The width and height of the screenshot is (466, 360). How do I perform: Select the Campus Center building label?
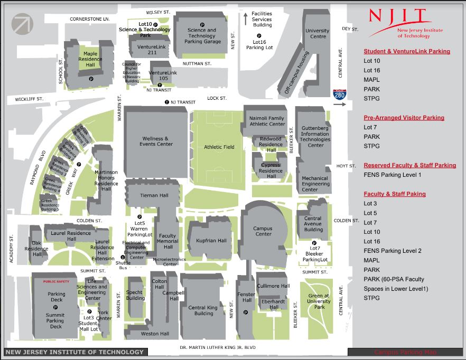coord(263,231)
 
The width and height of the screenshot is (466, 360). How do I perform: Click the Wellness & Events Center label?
coord(156,141)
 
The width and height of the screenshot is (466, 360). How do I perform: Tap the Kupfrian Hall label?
coord(211,241)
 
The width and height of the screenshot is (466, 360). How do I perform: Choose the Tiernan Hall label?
coord(154,195)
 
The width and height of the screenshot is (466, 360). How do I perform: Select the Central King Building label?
coord(203,310)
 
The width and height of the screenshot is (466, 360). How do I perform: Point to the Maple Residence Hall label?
coord(90,59)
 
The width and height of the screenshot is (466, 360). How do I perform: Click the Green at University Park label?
coord(319,301)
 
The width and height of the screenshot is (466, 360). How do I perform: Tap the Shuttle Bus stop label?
coord(123,265)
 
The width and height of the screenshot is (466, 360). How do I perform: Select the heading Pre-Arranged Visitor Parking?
coord(404,118)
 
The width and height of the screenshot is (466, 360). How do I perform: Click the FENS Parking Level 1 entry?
coord(392,175)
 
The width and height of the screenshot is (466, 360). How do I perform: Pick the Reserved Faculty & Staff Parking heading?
coord(409,165)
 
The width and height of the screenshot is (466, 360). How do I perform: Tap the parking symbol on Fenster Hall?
coord(245,312)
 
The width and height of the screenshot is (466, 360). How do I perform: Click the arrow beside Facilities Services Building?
coord(245,18)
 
